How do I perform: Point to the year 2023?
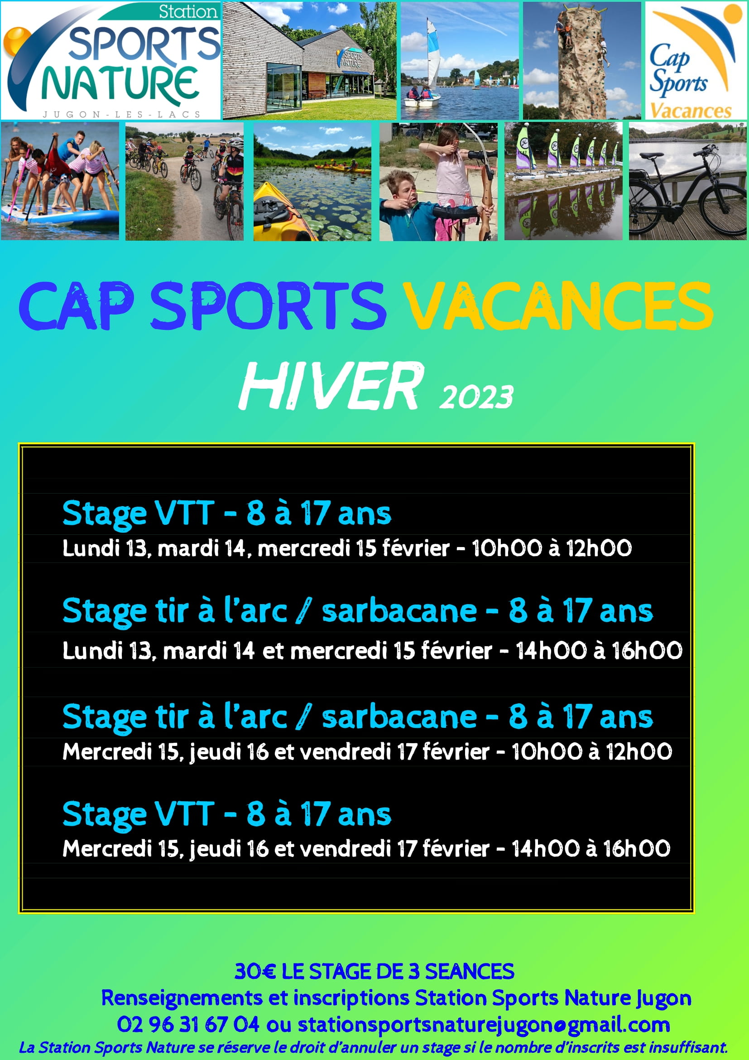[476, 397]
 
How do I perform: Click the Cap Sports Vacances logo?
[696, 60]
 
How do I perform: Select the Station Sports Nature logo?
[110, 60]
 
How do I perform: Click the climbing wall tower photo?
[581, 60]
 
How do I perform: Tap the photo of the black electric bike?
[688, 181]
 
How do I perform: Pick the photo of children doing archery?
[438, 181]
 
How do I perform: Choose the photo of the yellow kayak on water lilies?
[312, 181]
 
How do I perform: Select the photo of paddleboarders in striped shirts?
[60, 181]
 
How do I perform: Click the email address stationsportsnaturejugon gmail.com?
[484, 1025]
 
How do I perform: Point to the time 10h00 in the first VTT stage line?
[506, 548]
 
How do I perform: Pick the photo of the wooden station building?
[309, 60]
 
